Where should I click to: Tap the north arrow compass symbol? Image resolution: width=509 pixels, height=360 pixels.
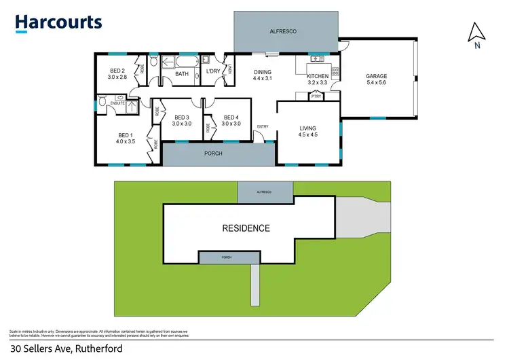[477, 35]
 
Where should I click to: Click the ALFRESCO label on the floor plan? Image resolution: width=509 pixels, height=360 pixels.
[286, 31]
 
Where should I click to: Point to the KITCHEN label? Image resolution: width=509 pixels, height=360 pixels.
[318, 79]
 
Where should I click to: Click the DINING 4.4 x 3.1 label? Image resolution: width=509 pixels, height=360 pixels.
[263, 75]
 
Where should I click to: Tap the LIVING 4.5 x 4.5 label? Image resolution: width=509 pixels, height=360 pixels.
[308, 131]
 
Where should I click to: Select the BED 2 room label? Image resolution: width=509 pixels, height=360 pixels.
[118, 74]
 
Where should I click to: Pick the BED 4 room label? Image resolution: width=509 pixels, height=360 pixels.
[231, 120]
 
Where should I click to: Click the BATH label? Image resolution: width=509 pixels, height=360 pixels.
[182, 73]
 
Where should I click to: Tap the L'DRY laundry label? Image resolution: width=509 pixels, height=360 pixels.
[212, 71]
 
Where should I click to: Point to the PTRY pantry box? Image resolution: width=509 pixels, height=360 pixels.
[316, 96]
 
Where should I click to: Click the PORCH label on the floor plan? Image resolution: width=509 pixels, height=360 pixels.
[213, 154]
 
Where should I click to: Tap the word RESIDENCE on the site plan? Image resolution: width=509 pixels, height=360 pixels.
[246, 228]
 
